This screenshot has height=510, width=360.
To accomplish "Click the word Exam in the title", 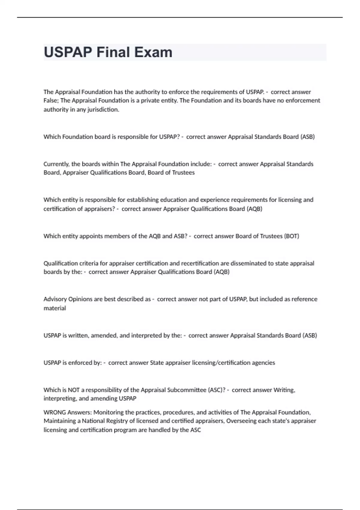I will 153,52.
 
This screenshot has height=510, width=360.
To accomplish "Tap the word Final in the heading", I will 113,52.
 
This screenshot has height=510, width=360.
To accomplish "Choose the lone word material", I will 55,308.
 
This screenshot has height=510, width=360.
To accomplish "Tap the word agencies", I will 263,363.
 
